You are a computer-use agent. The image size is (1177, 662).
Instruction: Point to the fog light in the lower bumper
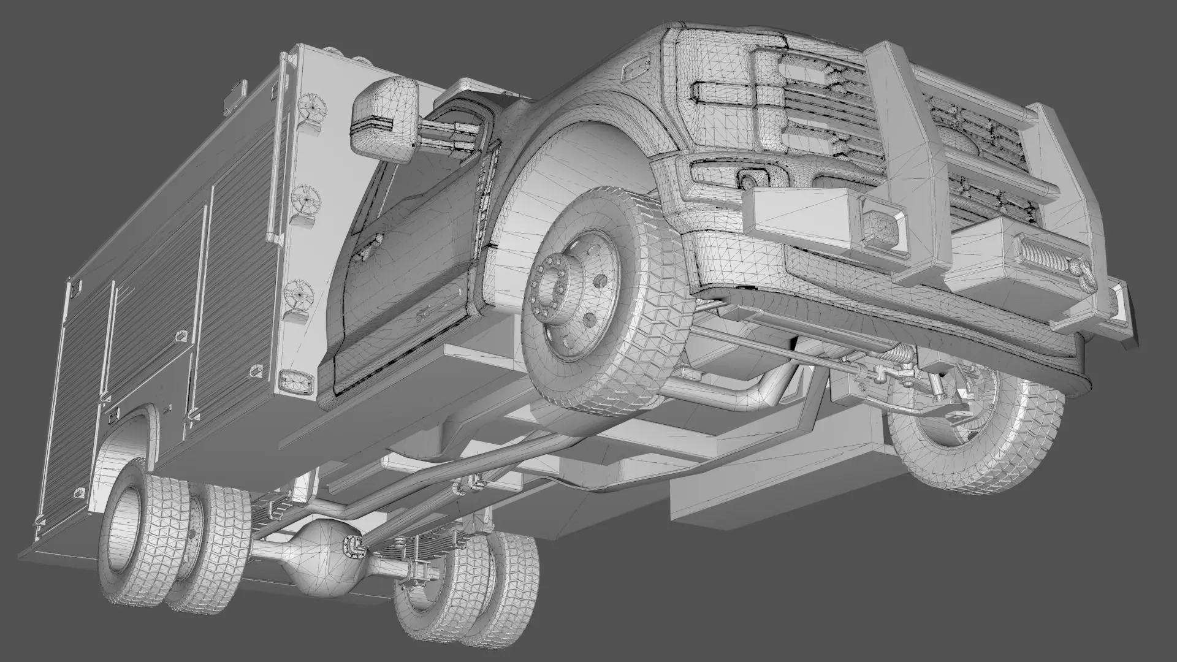[x=749, y=180]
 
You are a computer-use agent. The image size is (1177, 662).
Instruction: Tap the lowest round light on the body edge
[x=299, y=294]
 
